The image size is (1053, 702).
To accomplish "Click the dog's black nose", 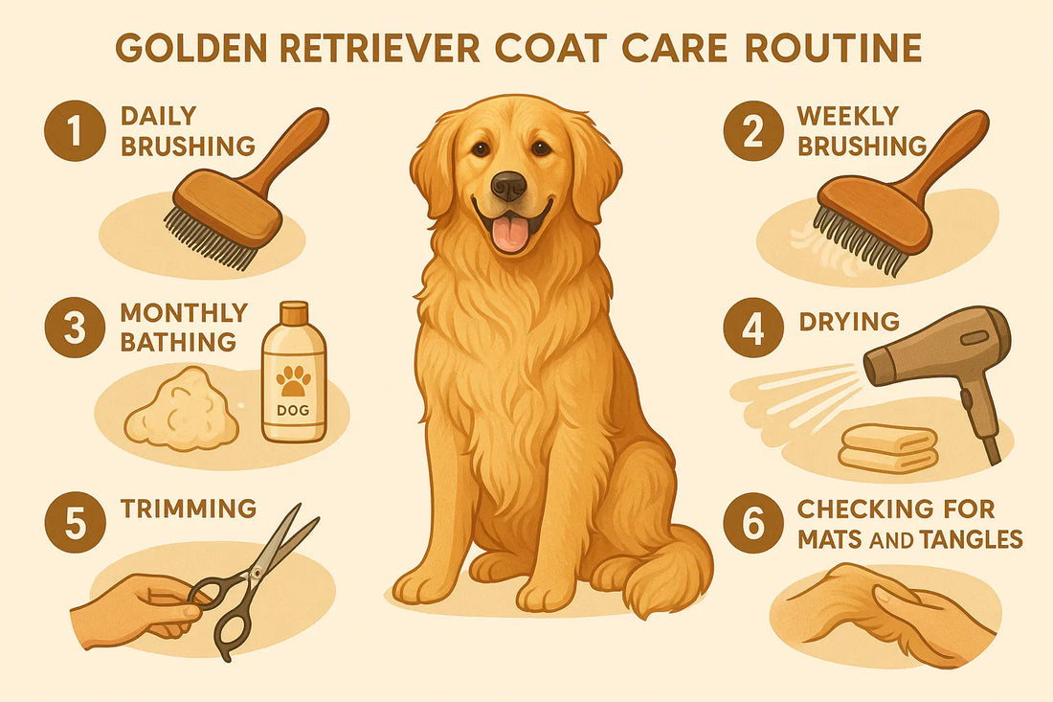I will point(508,184).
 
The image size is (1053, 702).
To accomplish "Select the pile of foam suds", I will point(182,410).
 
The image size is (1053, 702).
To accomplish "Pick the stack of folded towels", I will point(887,447).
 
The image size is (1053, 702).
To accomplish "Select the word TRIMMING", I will point(189,508).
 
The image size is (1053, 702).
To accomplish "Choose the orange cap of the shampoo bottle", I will point(293,312).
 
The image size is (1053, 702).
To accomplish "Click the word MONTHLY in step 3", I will point(185,313).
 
